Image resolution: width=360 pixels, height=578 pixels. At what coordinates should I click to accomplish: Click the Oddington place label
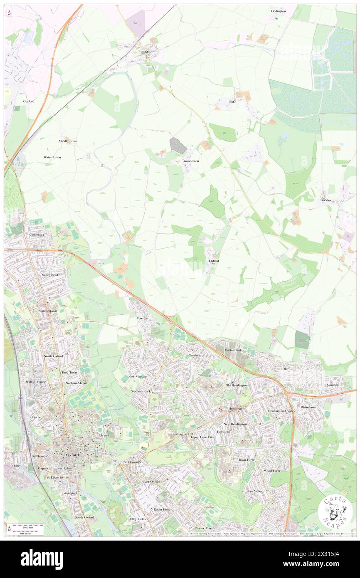(x=278, y=11)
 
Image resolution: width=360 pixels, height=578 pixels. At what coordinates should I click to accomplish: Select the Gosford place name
(x=29, y=101)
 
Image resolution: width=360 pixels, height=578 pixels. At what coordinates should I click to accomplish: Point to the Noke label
(x=232, y=101)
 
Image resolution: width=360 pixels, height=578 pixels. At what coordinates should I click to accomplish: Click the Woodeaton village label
(x=191, y=161)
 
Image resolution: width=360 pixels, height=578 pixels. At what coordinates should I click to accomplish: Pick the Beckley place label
(x=325, y=200)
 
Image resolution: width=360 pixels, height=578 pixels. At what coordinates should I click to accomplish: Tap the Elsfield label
(x=214, y=261)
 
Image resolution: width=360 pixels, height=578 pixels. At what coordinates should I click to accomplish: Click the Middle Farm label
(x=67, y=141)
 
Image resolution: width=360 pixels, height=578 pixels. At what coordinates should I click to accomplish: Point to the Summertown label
(x=48, y=311)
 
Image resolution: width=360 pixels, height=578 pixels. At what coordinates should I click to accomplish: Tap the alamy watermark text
(x=42, y=559)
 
